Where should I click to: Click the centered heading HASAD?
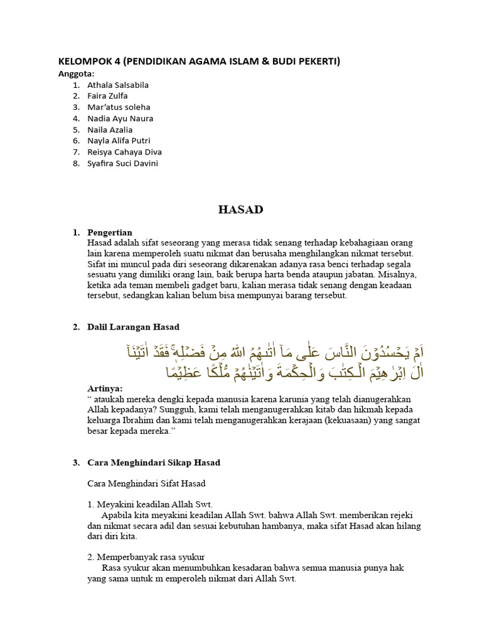pyautogui.click(x=240, y=210)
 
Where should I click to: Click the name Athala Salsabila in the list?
pyautogui.click(x=118, y=85)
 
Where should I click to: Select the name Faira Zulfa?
pyautogui.click(x=107, y=96)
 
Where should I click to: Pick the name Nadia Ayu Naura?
pyautogui.click(x=120, y=118)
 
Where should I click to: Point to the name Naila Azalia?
pyautogui.click(x=110, y=129)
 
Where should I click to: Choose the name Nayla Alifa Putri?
pyautogui.click(x=119, y=141)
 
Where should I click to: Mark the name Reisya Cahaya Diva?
pyautogui.click(x=124, y=152)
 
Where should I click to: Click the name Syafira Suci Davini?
pyautogui.click(x=122, y=163)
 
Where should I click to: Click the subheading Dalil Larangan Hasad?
pyautogui.click(x=133, y=327)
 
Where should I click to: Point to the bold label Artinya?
pyautogui.click(x=105, y=389)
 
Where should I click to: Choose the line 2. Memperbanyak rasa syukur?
pyautogui.click(x=146, y=557)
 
